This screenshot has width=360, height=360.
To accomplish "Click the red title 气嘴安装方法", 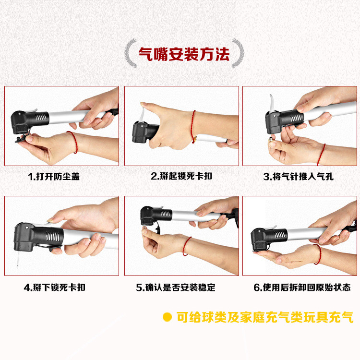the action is pos(184,54).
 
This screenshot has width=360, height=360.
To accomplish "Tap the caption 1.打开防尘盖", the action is pos(54,176).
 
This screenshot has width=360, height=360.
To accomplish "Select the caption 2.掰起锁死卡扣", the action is pos(181,176).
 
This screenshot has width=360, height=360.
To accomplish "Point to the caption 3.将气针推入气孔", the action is pos(298,176).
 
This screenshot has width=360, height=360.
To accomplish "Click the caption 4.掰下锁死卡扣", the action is pos(55,287).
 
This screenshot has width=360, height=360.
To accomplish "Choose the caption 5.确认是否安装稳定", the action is pos(176,287).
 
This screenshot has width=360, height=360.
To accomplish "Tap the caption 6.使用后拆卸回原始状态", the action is pos(302,287).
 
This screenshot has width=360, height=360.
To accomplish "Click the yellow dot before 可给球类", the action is pos(167,317).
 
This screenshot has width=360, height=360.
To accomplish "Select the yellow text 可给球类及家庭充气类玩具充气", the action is pos(265,317).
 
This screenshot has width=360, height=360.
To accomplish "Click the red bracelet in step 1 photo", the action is pos(74,141).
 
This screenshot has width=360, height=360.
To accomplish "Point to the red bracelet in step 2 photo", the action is pos(193,126).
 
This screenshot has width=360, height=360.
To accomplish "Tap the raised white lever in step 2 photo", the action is pos(143,114).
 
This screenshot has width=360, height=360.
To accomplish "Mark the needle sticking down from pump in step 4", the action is pos(17,259).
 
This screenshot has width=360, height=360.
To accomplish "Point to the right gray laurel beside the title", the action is pos(238,53).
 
